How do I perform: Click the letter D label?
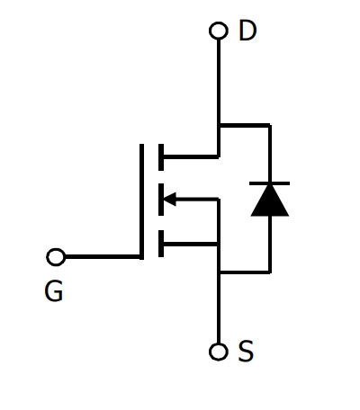coord(247,31)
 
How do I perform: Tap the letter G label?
coord(54,290)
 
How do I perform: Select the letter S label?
coord(246,351)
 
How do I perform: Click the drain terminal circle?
coord(219,31)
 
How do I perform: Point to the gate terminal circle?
coord(56,257)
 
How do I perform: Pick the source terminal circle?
coord(218,352)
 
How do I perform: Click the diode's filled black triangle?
coord(270,201)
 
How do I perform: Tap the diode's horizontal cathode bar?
coord(269,183)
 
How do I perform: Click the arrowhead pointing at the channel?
coord(170,199)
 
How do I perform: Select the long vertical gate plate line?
coord(141,201)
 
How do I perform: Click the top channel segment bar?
coord(161,157)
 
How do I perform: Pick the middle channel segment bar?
coord(161,200)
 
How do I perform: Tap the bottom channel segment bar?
coord(161,244)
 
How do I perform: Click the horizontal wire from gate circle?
coord(103,257)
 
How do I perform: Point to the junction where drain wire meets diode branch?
coord(219,125)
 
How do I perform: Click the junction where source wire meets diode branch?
coord(219,272)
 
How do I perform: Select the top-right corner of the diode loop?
coord(270,125)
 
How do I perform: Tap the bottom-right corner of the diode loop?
coord(270,272)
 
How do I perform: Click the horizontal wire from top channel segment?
coord(191,156)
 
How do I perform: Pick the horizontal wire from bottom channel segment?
coord(191,244)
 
